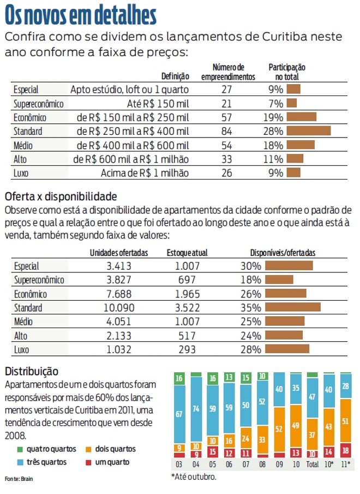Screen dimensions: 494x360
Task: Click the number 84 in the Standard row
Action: (x=227, y=131)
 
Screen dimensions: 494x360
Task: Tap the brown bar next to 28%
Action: (x=308, y=131)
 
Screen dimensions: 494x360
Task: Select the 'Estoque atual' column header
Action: (x=187, y=253)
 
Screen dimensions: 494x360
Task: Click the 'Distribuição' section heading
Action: (x=31, y=371)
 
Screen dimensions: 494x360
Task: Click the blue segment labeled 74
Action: (x=196, y=409)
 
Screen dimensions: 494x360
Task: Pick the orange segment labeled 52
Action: (x=279, y=430)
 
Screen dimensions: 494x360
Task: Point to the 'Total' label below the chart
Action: (x=313, y=465)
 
